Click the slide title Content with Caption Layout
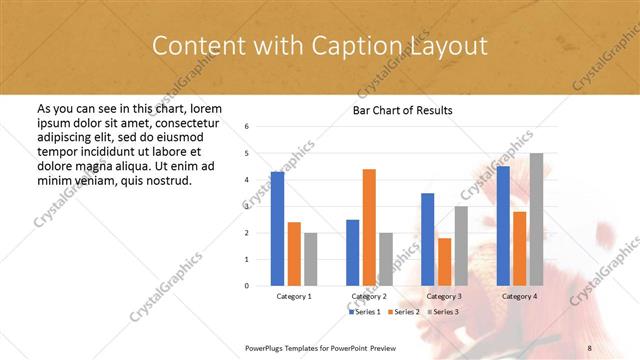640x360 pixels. [x=319, y=46]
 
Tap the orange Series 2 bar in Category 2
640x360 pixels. [x=369, y=227]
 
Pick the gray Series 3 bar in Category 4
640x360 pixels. [x=536, y=219]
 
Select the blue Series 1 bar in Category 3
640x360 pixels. [x=427, y=239]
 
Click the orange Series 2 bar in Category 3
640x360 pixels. [x=444, y=261]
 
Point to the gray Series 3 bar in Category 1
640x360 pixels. [x=310, y=259]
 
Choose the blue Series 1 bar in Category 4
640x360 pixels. [x=503, y=225]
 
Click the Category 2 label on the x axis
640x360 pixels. [x=369, y=297]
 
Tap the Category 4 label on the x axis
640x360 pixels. [x=519, y=297]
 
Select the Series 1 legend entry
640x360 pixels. [x=366, y=312]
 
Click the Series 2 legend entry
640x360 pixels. [x=408, y=312]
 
